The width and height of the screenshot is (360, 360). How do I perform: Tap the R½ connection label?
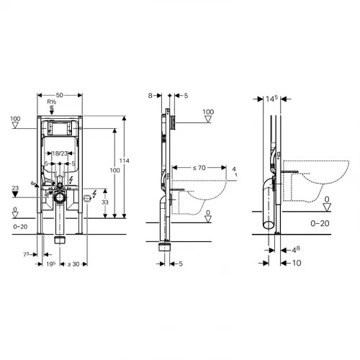tap(52, 102)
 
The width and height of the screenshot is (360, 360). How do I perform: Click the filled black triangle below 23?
tap(15, 194)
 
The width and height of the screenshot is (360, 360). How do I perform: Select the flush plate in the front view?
tap(60, 130)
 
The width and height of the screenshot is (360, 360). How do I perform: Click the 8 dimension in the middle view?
tap(150, 94)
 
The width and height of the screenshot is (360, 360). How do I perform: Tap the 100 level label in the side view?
tap(209, 112)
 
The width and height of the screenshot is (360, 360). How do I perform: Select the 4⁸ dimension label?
tap(294, 249)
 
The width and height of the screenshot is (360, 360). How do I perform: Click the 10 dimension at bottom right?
tap(295, 263)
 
